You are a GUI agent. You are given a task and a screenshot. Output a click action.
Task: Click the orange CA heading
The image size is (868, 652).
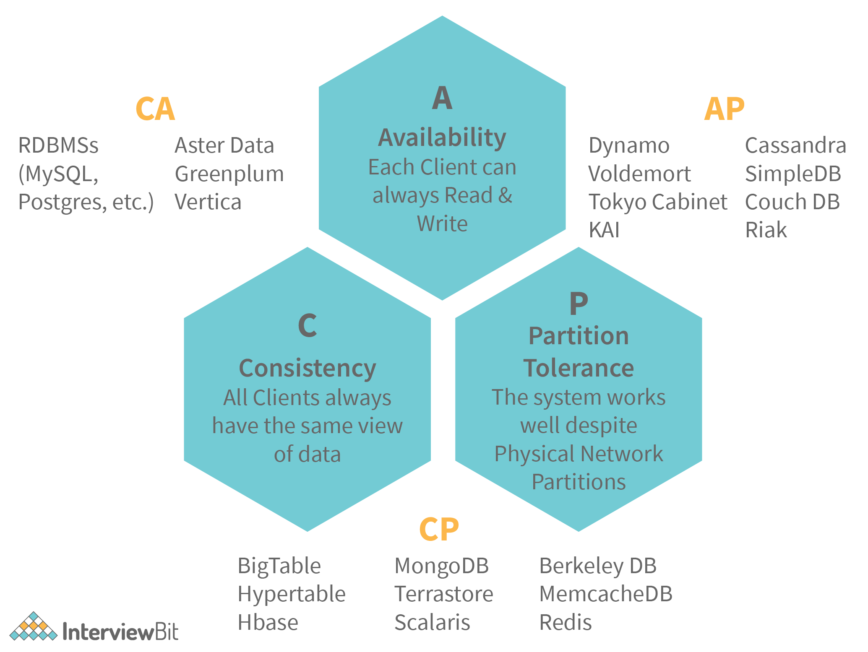pos(155,109)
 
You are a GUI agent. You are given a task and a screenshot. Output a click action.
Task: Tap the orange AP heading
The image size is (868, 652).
pos(724,109)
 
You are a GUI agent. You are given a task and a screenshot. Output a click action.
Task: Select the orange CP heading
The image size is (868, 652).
pos(439,529)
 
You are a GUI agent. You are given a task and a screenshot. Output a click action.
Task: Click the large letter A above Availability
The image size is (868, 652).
pos(442,98)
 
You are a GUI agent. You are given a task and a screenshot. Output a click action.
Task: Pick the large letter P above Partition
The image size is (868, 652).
pos(579,304)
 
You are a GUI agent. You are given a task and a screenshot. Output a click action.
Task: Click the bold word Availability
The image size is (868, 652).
pos(442,138)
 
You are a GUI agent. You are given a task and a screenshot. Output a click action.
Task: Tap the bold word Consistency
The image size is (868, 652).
pos(307,368)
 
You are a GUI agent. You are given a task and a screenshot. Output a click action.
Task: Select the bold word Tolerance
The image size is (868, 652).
pos(579,368)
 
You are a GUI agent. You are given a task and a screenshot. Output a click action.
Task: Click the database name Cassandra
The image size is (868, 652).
pos(795,145)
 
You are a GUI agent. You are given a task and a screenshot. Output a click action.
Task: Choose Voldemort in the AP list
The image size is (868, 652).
pos(639,174)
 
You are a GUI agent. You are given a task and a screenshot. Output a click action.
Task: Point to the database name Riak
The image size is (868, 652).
pos(766,230)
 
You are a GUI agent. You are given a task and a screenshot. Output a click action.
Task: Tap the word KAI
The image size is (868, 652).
pos(604,230)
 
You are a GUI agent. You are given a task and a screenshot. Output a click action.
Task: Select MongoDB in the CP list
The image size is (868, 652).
pos(442,566)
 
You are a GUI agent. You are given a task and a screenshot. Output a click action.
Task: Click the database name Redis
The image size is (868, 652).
pos(565,622)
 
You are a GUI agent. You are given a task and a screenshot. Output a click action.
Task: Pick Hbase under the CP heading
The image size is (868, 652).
pos(268,622)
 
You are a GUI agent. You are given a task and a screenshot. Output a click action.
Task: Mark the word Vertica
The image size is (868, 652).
pos(208,202)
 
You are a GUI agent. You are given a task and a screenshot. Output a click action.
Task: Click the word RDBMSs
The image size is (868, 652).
pos(58,145)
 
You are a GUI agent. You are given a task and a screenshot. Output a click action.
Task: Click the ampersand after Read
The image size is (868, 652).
pos(505,195)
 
